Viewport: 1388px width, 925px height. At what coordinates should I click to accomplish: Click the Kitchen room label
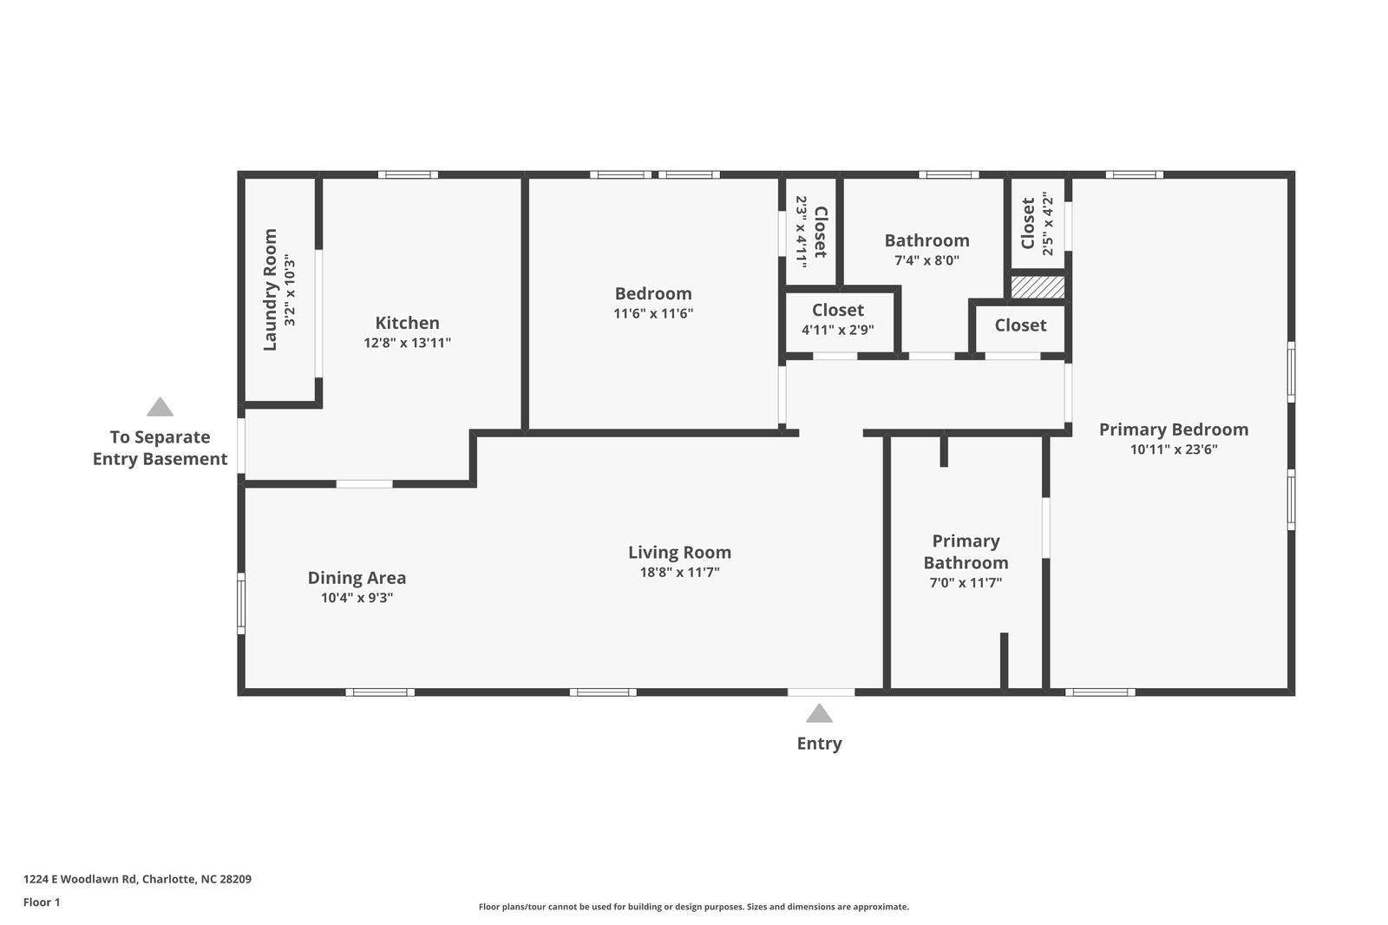click(x=407, y=323)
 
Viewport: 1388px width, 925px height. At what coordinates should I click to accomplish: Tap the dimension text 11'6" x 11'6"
click(x=653, y=313)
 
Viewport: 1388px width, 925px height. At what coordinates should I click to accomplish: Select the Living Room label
click(x=679, y=552)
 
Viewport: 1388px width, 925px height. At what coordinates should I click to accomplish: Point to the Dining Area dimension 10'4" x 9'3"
click(x=357, y=598)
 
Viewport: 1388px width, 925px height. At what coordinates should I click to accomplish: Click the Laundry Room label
click(x=270, y=290)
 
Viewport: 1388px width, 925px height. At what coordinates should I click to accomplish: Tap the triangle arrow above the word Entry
click(x=819, y=714)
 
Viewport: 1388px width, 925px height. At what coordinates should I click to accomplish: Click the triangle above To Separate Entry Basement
click(x=160, y=407)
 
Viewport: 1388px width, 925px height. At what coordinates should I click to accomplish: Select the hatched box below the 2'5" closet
click(x=1038, y=287)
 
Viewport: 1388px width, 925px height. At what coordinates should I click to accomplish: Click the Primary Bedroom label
click(x=1173, y=430)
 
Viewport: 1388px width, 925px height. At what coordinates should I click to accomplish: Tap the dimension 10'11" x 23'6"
click(x=1173, y=449)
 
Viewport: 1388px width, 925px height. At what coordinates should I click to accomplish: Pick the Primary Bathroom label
click(x=966, y=552)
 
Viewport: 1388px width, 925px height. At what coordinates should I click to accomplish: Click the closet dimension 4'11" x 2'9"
click(x=837, y=330)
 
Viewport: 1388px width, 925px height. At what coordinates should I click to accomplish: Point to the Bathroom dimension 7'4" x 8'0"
click(x=926, y=260)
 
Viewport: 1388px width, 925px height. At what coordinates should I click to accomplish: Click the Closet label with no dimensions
click(x=1020, y=325)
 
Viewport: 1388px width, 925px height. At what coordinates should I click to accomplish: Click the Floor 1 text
click(x=42, y=902)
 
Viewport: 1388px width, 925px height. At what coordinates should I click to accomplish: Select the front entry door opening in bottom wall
click(x=821, y=692)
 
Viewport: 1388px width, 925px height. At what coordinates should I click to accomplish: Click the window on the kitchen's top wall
click(x=408, y=174)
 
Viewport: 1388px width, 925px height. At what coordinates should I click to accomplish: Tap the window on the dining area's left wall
click(x=241, y=602)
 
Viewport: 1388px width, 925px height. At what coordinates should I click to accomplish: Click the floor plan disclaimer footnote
click(x=693, y=907)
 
